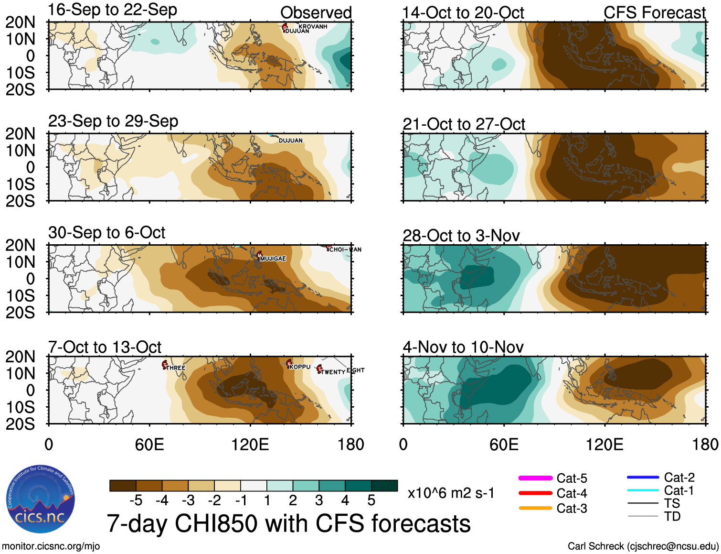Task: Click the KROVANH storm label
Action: click(313, 26)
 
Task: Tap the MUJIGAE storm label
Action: click(273, 259)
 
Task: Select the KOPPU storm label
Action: click(300, 367)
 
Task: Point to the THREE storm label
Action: click(176, 368)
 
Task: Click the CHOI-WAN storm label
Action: click(345, 250)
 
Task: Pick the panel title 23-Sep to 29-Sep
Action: click(113, 121)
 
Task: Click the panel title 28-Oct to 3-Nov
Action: click(461, 236)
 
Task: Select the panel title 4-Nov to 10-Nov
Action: click(463, 347)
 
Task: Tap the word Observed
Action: click(316, 12)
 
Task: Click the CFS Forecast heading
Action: click(655, 12)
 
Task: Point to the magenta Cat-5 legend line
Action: click(535, 478)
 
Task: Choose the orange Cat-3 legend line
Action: click(535, 508)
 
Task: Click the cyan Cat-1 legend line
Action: click(643, 490)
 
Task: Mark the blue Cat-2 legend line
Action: click(643, 477)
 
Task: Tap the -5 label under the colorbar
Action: click(136, 500)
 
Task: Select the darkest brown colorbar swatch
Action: click(123, 486)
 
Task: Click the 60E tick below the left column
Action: click(149, 445)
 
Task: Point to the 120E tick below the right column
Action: click(604, 445)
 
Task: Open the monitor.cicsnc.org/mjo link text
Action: click(51, 546)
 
